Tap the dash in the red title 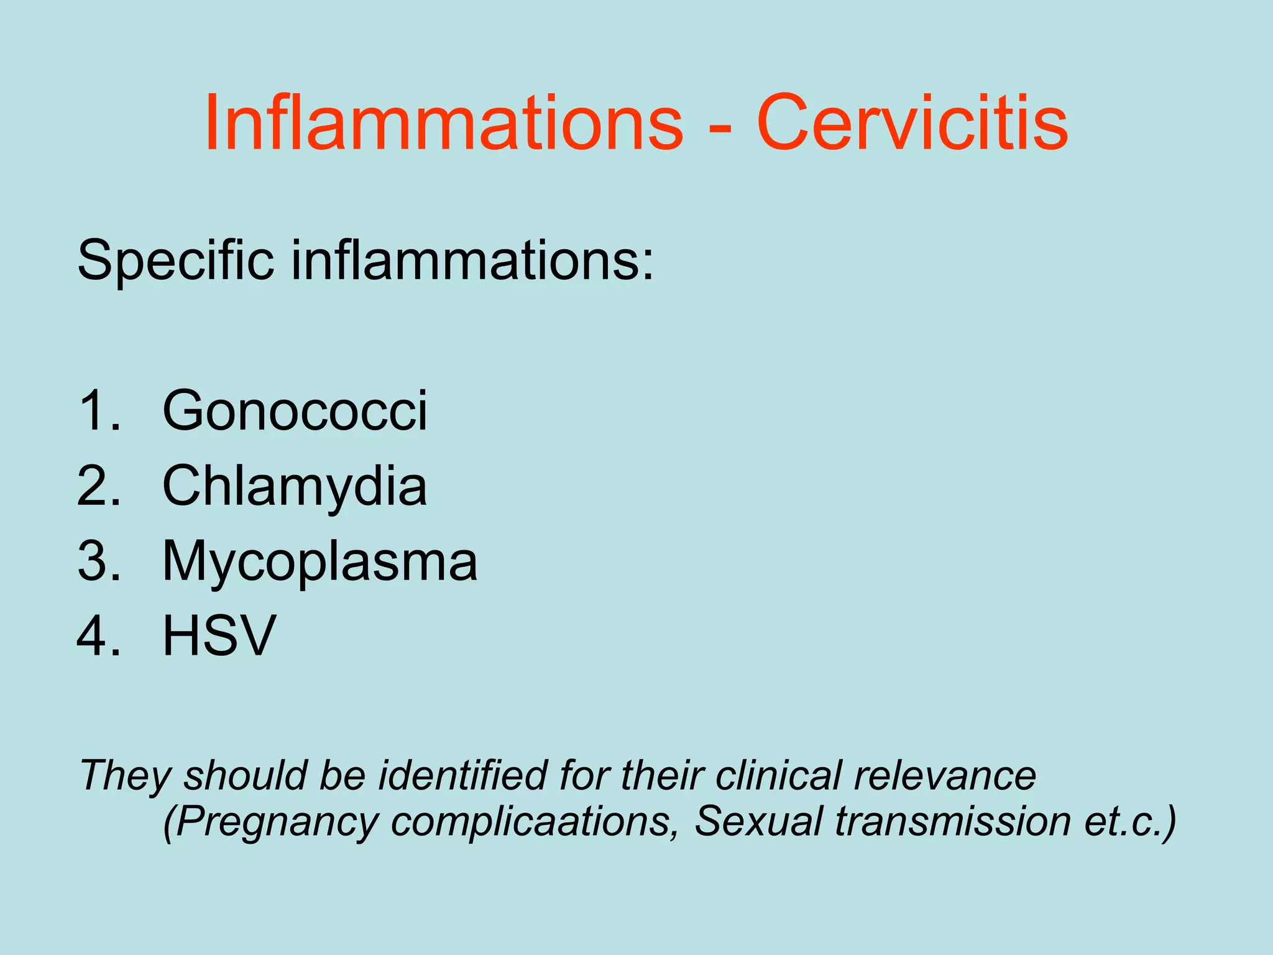(719, 127)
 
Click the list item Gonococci (295, 410)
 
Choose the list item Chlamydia (295, 486)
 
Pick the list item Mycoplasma (319, 561)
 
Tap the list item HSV (219, 635)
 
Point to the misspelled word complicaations (535, 821)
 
